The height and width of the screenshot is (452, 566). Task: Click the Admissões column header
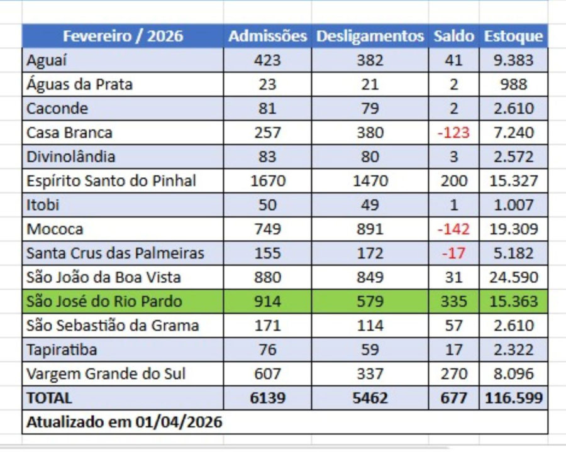point(267,36)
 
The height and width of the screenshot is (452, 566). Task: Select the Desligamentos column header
point(370,36)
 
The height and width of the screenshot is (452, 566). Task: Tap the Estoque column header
point(513,36)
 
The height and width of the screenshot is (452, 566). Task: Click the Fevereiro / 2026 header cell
point(123,36)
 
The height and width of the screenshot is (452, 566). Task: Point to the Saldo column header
point(453,36)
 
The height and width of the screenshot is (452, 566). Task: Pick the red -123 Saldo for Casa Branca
point(453,133)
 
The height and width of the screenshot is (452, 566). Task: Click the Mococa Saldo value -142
point(453,229)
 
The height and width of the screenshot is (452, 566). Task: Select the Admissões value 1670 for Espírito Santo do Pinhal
point(267,181)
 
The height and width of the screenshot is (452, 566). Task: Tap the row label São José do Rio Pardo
point(104,302)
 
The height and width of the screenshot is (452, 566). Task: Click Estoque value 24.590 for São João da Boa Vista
point(513,277)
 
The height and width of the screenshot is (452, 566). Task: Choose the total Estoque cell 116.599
point(513,398)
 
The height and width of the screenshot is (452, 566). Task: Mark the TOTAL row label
point(49,398)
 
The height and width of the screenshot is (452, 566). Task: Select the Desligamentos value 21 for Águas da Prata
point(370,84)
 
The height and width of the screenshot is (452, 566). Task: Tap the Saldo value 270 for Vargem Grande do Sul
point(453,374)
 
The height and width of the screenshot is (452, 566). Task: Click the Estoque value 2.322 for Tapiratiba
point(513,350)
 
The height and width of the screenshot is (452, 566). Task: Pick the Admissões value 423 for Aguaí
point(267,60)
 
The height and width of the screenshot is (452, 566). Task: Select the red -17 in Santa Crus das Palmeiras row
point(453,253)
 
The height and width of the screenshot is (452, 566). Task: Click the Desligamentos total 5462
point(370,398)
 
